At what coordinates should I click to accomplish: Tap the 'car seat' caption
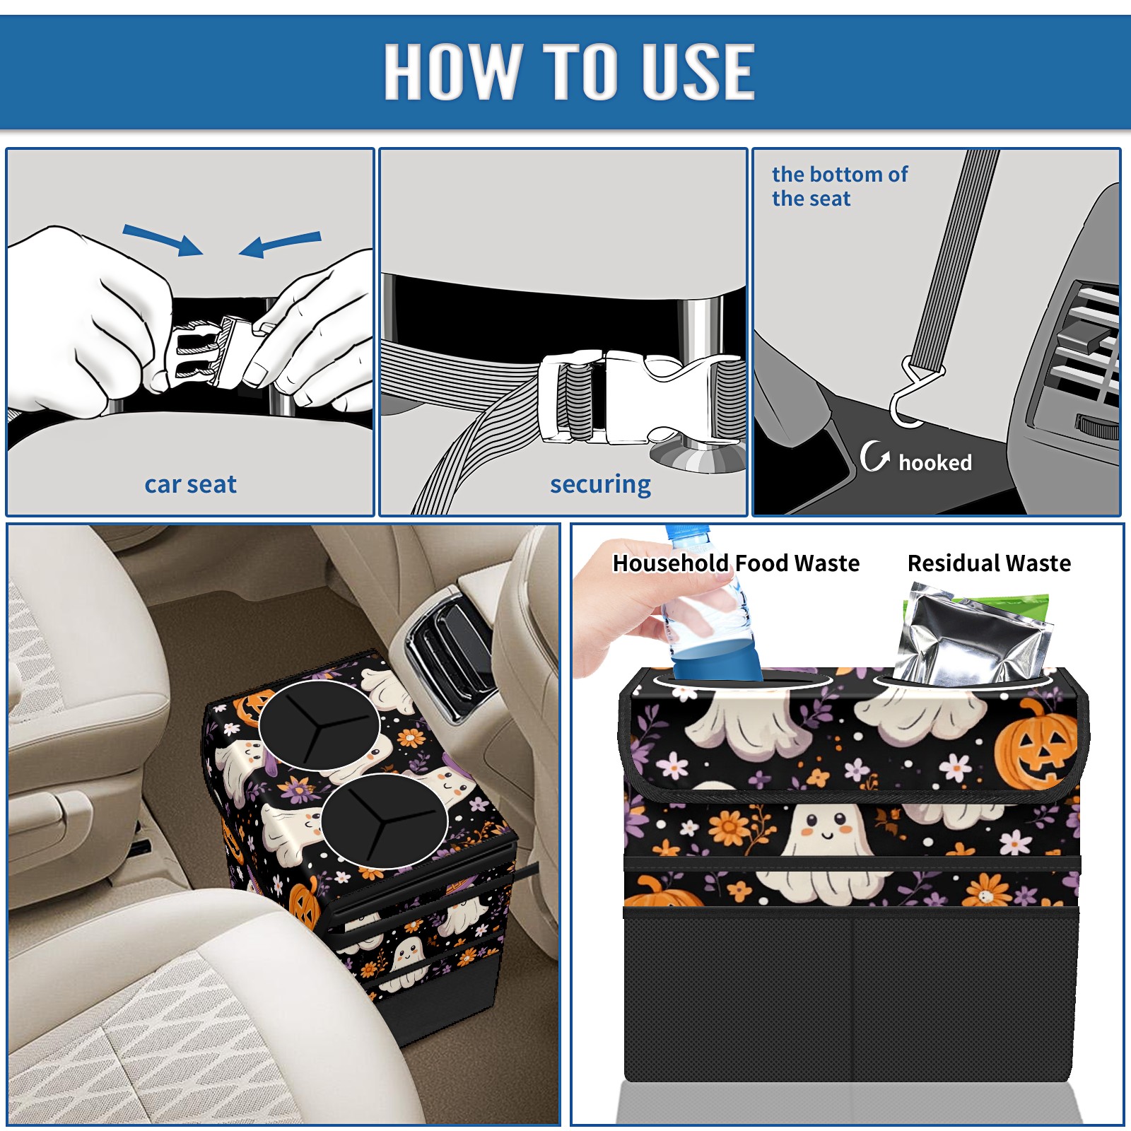pos(190,485)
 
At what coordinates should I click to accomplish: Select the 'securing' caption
pos(600,485)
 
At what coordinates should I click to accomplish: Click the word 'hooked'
pos(935,462)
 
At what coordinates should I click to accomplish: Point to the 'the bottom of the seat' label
pos(839,187)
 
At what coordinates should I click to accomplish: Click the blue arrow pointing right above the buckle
pos(163,240)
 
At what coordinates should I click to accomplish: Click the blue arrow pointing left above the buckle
pos(281,245)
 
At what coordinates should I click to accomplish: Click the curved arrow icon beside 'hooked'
pos(874,457)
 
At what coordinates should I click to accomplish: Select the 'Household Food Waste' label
pos(736,563)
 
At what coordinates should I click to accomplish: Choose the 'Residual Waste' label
pos(989,563)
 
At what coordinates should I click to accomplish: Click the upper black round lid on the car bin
pos(319,725)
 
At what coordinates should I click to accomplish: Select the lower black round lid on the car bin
pos(385,821)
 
